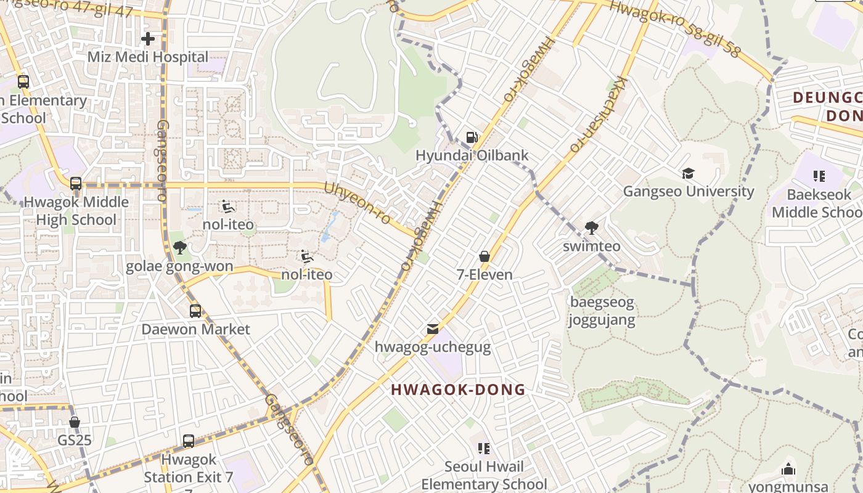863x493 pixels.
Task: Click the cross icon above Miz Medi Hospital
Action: [x=148, y=39]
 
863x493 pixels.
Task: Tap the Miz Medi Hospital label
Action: [x=148, y=57]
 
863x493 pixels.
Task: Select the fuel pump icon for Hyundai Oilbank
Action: [x=472, y=137]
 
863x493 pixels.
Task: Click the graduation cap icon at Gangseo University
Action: [x=688, y=174]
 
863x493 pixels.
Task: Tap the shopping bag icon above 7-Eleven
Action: [x=485, y=256]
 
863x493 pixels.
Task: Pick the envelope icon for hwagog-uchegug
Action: [x=433, y=329]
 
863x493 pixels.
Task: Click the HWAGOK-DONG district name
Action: [x=459, y=389]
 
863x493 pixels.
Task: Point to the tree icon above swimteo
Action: [x=592, y=228]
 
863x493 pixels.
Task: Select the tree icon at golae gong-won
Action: [x=179, y=248]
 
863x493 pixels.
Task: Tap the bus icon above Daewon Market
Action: [x=195, y=311]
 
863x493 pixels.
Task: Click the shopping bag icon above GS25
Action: [x=75, y=422]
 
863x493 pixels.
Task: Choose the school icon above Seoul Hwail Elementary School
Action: [x=484, y=448]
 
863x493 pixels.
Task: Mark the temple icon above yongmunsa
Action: [x=788, y=469]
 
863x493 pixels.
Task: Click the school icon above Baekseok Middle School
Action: [x=819, y=176]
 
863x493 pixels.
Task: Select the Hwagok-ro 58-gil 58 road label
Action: [x=674, y=29]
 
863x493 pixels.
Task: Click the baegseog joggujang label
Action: [x=602, y=311]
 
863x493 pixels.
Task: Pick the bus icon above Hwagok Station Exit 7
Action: [x=189, y=441]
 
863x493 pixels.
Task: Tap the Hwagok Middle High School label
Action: [x=76, y=211]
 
